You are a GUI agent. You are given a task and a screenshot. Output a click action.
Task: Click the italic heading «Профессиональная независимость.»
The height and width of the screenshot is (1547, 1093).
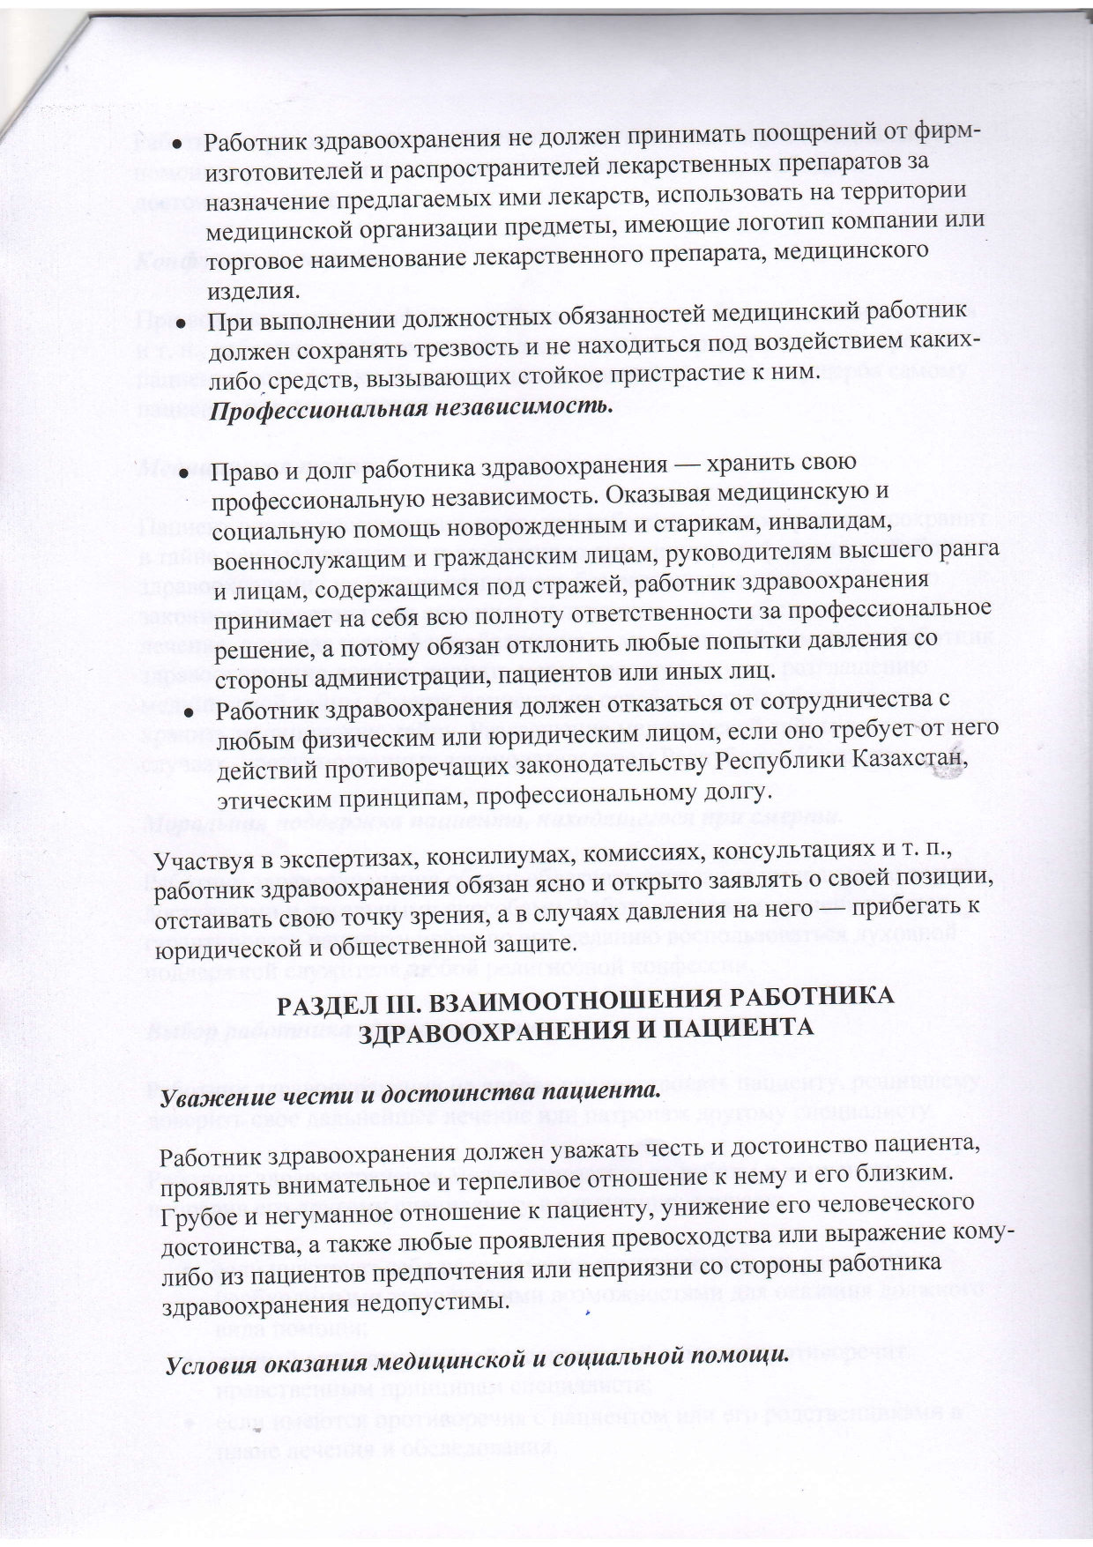(414, 409)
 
